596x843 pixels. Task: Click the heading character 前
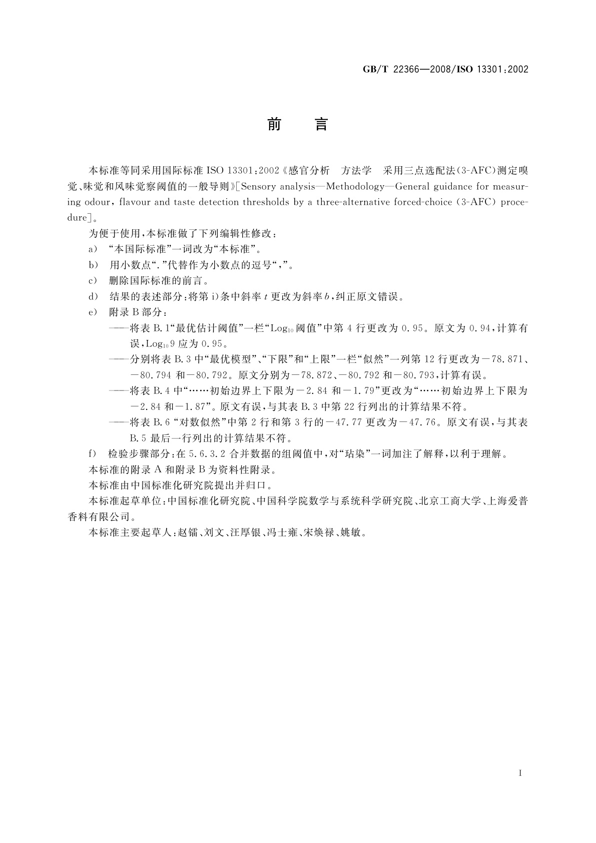tap(274, 124)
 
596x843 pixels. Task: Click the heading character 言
tap(321, 124)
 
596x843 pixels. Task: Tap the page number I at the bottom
tap(521, 773)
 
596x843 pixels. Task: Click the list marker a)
tap(93, 249)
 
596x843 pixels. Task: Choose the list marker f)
tap(92, 454)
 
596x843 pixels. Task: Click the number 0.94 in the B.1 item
tap(479, 328)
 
